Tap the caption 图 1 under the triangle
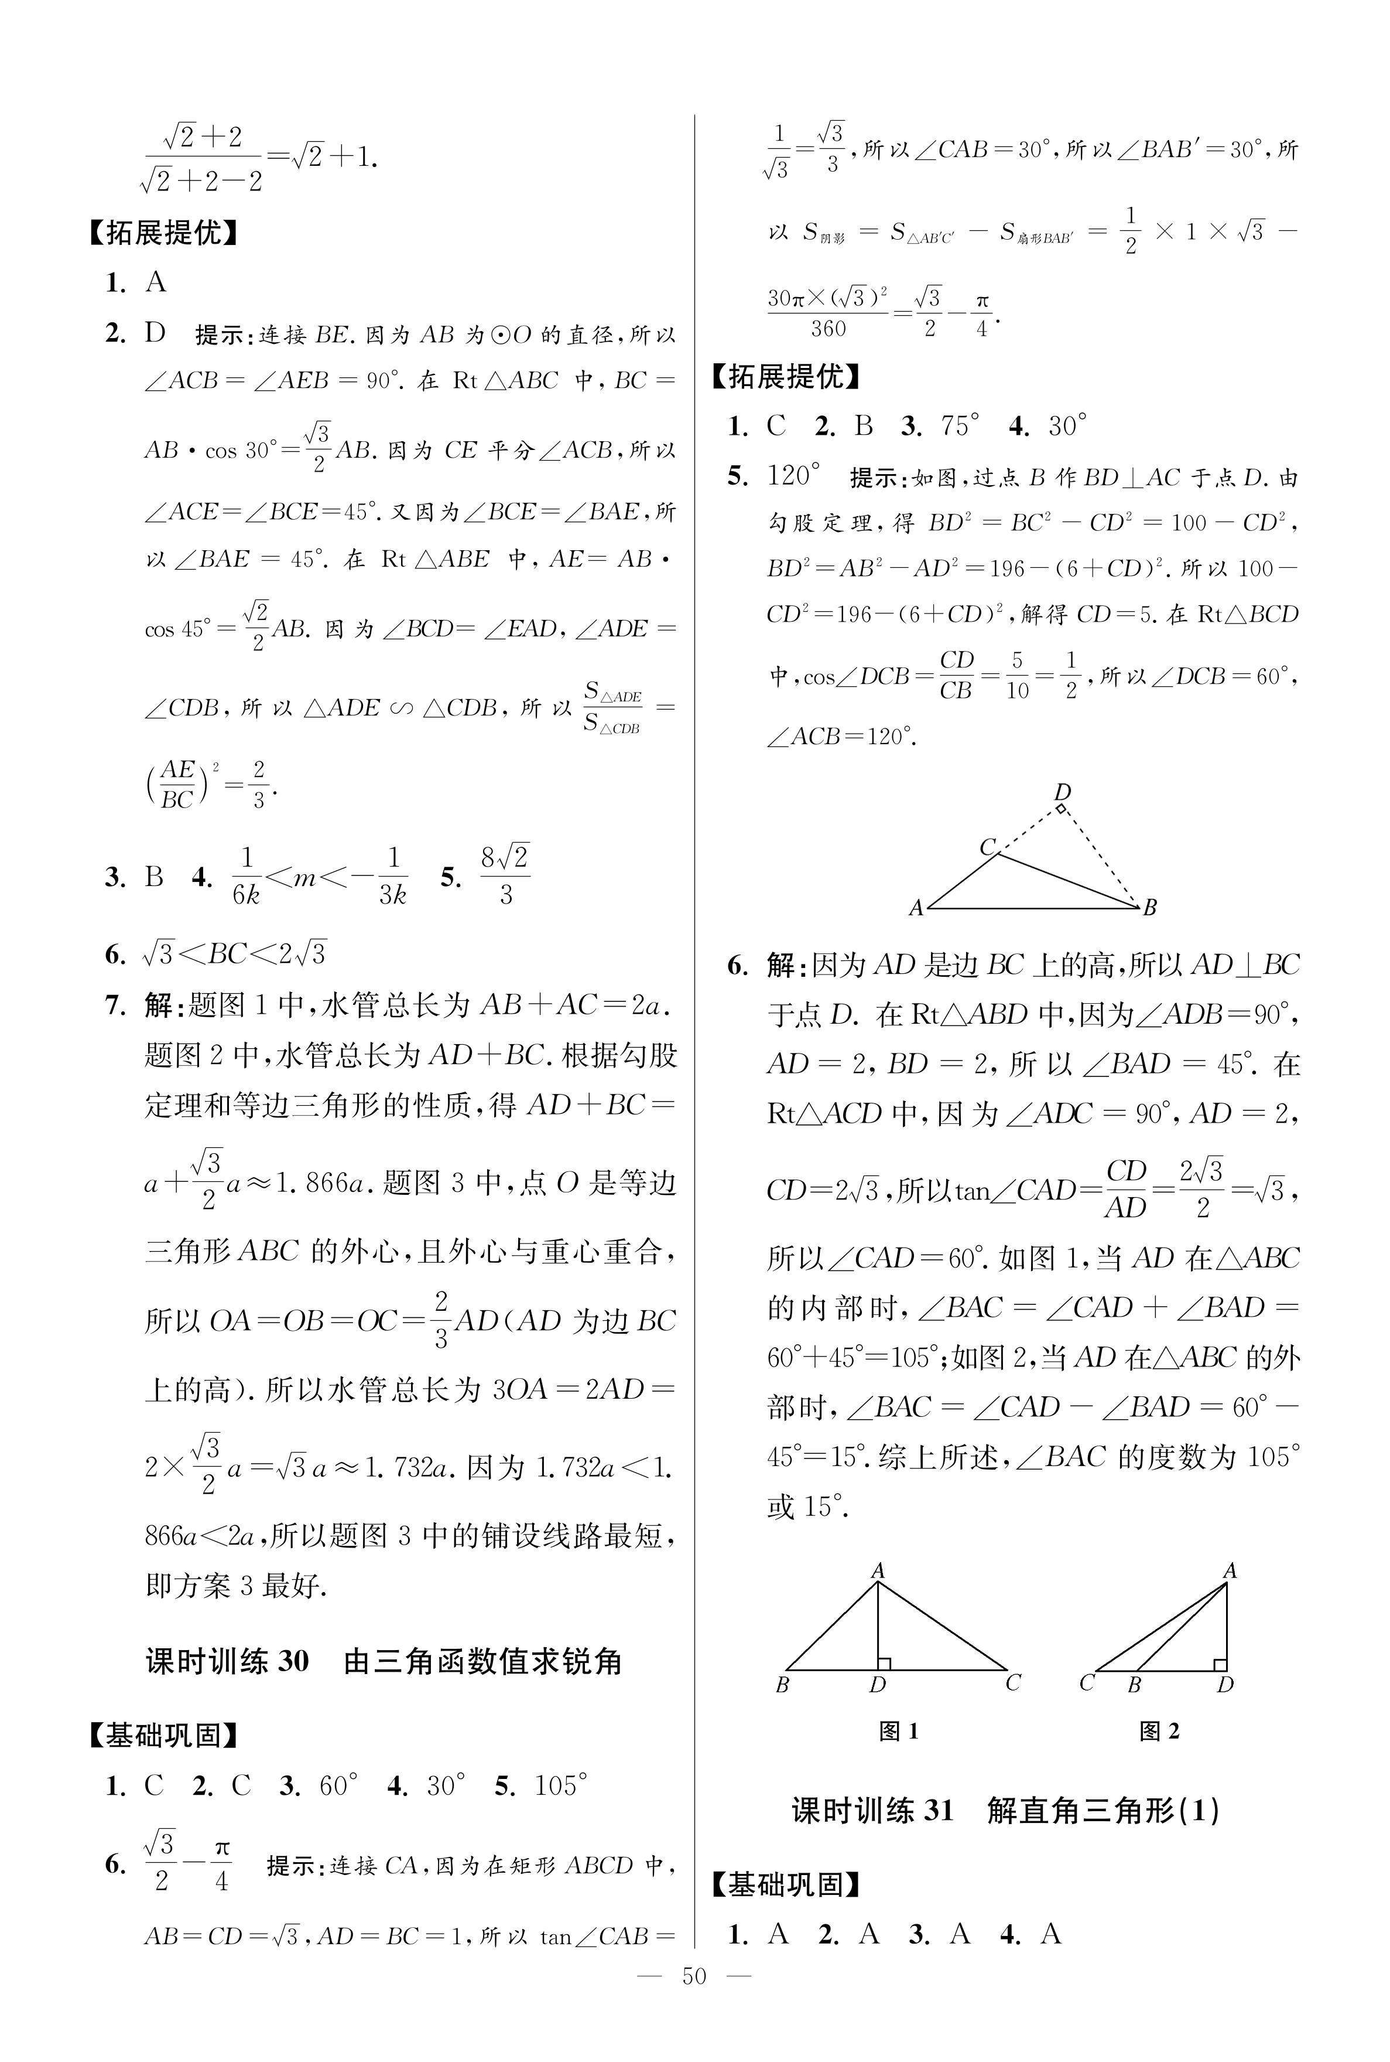pyautogui.click(x=898, y=1730)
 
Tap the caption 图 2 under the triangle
pyautogui.click(x=1159, y=1730)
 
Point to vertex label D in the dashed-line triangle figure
pyautogui.click(x=1062, y=791)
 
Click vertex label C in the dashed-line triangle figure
pyautogui.click(x=988, y=847)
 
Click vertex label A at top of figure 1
pyautogui.click(x=878, y=1570)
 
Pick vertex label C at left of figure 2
pyautogui.click(x=1087, y=1682)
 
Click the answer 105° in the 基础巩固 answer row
pyautogui.click(x=561, y=1784)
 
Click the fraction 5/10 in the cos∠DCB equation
pyautogui.click(x=1017, y=676)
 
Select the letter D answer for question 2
pyautogui.click(x=155, y=333)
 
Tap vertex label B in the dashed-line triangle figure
pyautogui.click(x=1150, y=906)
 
